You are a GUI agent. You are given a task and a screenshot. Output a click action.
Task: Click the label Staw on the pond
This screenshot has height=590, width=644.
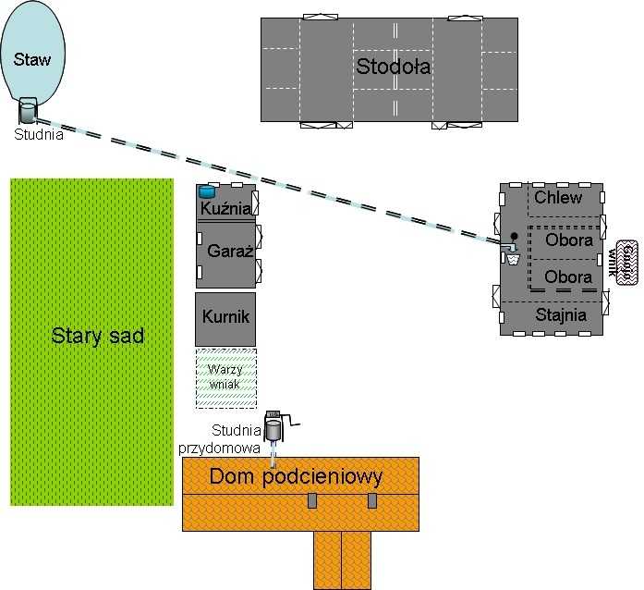(x=33, y=60)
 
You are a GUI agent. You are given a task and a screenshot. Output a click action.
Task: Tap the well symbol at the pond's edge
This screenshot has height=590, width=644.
(x=28, y=113)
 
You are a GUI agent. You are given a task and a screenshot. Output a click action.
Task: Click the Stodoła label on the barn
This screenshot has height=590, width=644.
(x=394, y=67)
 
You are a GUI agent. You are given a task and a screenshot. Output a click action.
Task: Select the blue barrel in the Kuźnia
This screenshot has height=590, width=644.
(x=207, y=191)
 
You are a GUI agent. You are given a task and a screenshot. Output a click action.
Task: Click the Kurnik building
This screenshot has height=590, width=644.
(x=225, y=317)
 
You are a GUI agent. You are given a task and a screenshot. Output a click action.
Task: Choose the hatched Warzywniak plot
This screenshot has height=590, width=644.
(x=225, y=377)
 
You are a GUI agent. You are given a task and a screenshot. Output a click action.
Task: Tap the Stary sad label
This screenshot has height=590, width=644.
(x=97, y=336)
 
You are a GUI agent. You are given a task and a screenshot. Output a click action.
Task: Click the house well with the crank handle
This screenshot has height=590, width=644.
(x=274, y=427)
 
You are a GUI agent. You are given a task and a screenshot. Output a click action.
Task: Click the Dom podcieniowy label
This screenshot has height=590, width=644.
(x=296, y=477)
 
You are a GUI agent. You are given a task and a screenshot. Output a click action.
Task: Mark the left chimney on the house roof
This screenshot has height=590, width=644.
(x=312, y=500)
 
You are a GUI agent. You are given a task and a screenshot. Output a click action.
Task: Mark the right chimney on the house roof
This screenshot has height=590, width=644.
(x=372, y=500)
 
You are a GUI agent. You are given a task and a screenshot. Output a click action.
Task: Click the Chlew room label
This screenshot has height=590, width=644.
(x=558, y=198)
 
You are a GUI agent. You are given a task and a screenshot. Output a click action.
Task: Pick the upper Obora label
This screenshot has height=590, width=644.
(x=567, y=240)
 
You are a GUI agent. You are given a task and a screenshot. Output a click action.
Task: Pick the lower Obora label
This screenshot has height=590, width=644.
(x=567, y=277)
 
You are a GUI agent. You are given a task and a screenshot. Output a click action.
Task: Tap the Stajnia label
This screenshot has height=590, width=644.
(x=561, y=314)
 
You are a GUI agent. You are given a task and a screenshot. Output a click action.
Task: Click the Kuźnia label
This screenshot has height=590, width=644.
(x=226, y=210)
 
